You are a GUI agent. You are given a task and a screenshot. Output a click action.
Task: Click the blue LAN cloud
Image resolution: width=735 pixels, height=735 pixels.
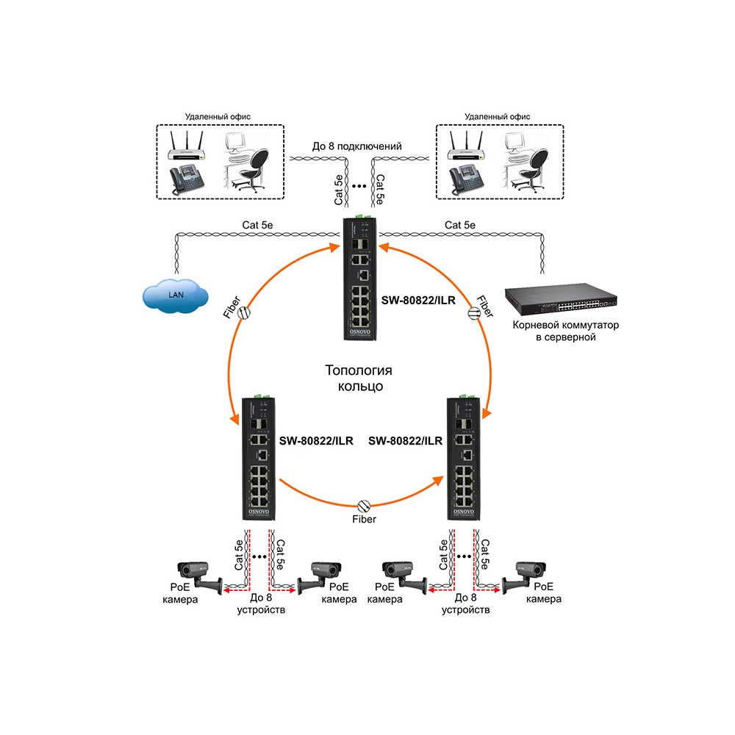point(176,295)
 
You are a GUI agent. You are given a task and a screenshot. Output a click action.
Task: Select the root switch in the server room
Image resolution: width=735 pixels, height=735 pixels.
point(561,298)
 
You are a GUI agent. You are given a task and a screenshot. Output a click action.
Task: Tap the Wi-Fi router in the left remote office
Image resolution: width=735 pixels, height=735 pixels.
point(187,146)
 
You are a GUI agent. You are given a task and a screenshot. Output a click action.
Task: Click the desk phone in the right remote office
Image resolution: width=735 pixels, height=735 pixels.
point(467,181)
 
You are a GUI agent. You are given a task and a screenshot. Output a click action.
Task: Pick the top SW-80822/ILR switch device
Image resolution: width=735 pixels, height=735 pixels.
point(359,278)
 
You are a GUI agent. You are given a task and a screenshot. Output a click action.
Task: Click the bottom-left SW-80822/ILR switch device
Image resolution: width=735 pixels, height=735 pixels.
point(258,457)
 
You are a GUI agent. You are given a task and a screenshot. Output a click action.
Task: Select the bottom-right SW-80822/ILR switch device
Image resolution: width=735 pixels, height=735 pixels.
point(463,457)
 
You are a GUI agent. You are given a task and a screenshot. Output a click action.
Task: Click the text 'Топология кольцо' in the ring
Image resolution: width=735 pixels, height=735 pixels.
point(359,378)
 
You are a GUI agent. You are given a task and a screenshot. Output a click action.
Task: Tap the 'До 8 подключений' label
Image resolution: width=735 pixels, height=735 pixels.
point(356,146)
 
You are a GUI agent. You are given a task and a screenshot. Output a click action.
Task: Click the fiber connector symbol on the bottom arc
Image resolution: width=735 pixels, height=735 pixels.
point(364,506)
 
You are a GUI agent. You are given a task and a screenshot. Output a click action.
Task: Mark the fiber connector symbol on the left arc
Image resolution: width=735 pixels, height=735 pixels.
point(244,312)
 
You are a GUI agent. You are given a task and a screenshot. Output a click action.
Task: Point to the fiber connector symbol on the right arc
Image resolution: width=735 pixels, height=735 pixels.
point(474,313)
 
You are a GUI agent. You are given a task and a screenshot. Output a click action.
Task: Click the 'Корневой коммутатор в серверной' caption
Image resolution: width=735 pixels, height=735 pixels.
point(565,331)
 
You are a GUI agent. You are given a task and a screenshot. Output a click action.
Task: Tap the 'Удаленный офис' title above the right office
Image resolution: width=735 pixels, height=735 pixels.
point(498,117)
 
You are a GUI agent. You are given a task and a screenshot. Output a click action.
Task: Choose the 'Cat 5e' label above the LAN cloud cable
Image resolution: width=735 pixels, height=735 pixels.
point(257,225)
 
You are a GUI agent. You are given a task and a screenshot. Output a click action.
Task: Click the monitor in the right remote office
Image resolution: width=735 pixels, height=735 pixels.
point(514,142)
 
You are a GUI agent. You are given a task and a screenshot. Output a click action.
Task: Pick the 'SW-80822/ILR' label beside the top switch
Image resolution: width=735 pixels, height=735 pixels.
point(418,301)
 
